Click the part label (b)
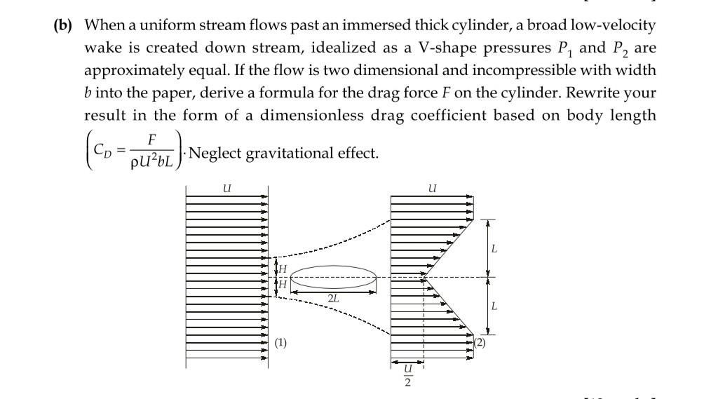65,26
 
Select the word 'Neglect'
215,152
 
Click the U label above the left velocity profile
226,188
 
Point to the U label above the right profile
432,188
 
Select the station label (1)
280,343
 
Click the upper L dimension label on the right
494,249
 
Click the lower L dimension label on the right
494,306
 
